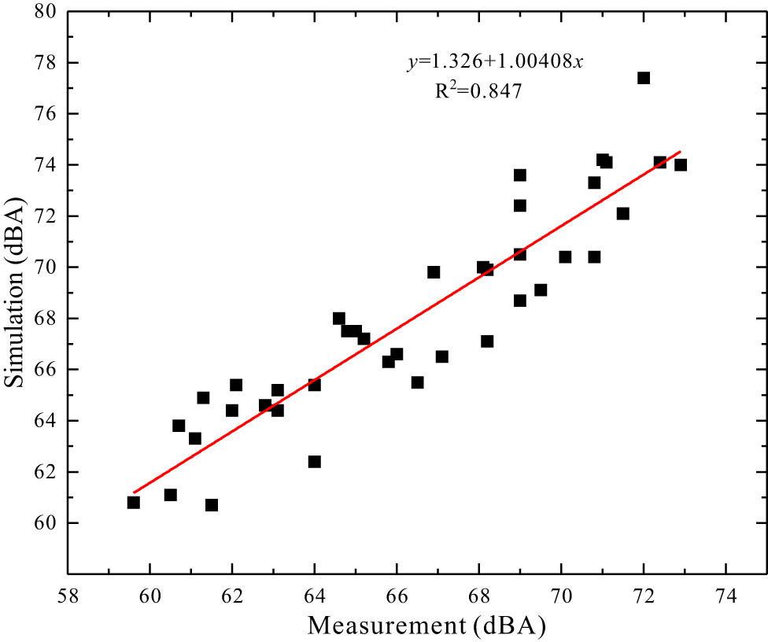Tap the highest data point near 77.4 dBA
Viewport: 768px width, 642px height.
(644, 78)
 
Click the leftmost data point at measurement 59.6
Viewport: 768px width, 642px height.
(134, 502)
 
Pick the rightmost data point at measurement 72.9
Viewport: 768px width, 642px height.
(681, 164)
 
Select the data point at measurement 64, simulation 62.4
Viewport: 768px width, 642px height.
(315, 461)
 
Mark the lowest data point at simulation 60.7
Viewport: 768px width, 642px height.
(212, 505)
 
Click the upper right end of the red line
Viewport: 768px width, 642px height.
(680, 151)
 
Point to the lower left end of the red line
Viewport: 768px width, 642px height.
(135, 493)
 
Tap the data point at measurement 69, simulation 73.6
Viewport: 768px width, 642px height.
(520, 175)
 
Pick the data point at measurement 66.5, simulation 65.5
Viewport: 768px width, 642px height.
(417, 382)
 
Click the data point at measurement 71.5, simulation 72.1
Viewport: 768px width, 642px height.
(623, 213)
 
